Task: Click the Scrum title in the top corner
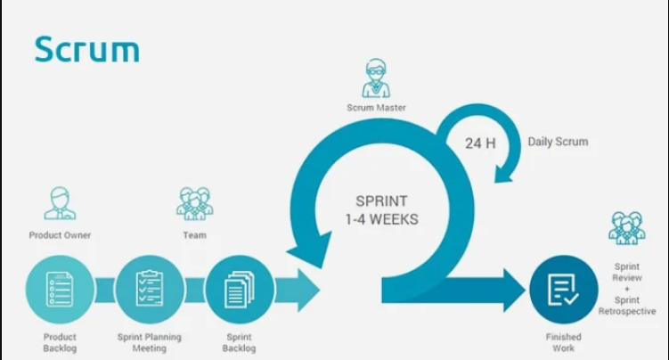click(x=87, y=50)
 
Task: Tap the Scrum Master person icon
click(x=376, y=78)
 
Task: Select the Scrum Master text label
click(x=376, y=108)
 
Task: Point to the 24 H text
click(x=480, y=143)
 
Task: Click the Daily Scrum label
click(x=558, y=142)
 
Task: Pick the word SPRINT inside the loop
click(x=381, y=200)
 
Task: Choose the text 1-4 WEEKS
click(x=381, y=219)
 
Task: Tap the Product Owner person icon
click(x=60, y=203)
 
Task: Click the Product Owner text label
click(x=60, y=235)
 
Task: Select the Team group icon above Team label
click(x=194, y=203)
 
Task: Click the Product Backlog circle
click(x=60, y=290)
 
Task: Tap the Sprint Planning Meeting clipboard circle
click(x=150, y=290)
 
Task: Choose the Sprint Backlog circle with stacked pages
click(x=240, y=290)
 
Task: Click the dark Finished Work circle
click(x=564, y=290)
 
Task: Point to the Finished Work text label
click(x=564, y=342)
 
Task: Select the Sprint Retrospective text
click(x=627, y=306)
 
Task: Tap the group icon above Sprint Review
click(x=627, y=228)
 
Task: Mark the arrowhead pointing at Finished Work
click(x=514, y=290)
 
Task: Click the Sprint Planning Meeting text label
click(x=150, y=342)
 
